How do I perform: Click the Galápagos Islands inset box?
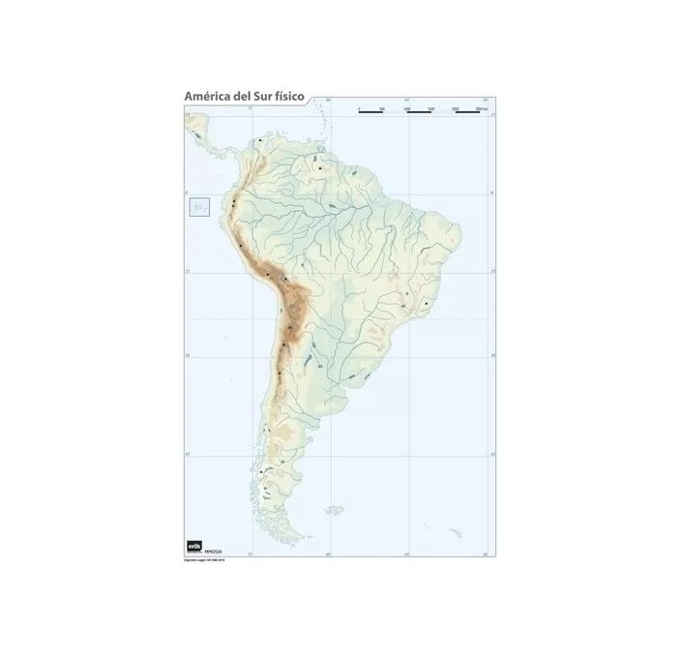201,206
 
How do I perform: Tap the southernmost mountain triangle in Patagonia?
262,472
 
